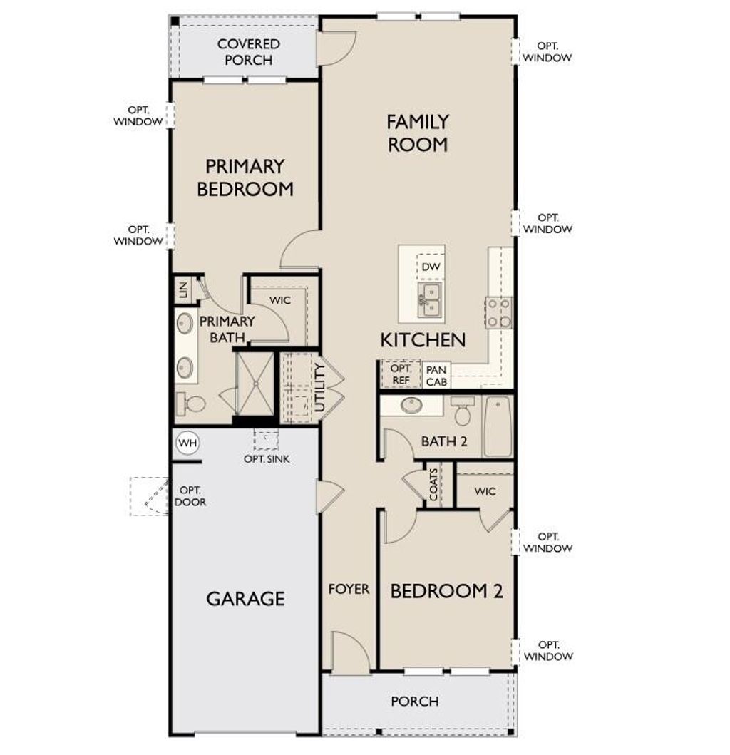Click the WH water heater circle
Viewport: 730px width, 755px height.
coord(187,443)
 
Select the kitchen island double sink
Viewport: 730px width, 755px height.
coord(430,299)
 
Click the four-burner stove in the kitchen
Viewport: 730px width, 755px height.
coord(499,312)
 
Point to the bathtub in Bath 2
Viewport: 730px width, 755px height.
coord(498,426)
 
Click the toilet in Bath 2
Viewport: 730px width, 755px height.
coord(463,411)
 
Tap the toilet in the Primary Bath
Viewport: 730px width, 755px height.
coord(190,404)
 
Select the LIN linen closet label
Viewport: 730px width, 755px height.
coord(183,289)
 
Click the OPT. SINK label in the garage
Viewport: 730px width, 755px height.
coord(267,459)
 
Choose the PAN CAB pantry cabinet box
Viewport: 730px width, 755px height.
coord(436,376)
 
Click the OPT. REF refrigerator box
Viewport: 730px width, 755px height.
coord(401,374)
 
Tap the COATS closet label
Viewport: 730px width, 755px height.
coord(434,484)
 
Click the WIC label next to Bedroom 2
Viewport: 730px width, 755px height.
coord(484,492)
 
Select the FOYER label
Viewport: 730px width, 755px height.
coord(349,589)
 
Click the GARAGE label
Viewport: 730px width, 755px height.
coord(245,598)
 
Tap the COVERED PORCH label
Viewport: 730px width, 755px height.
coord(249,52)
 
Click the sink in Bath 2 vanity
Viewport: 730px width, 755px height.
coord(411,406)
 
